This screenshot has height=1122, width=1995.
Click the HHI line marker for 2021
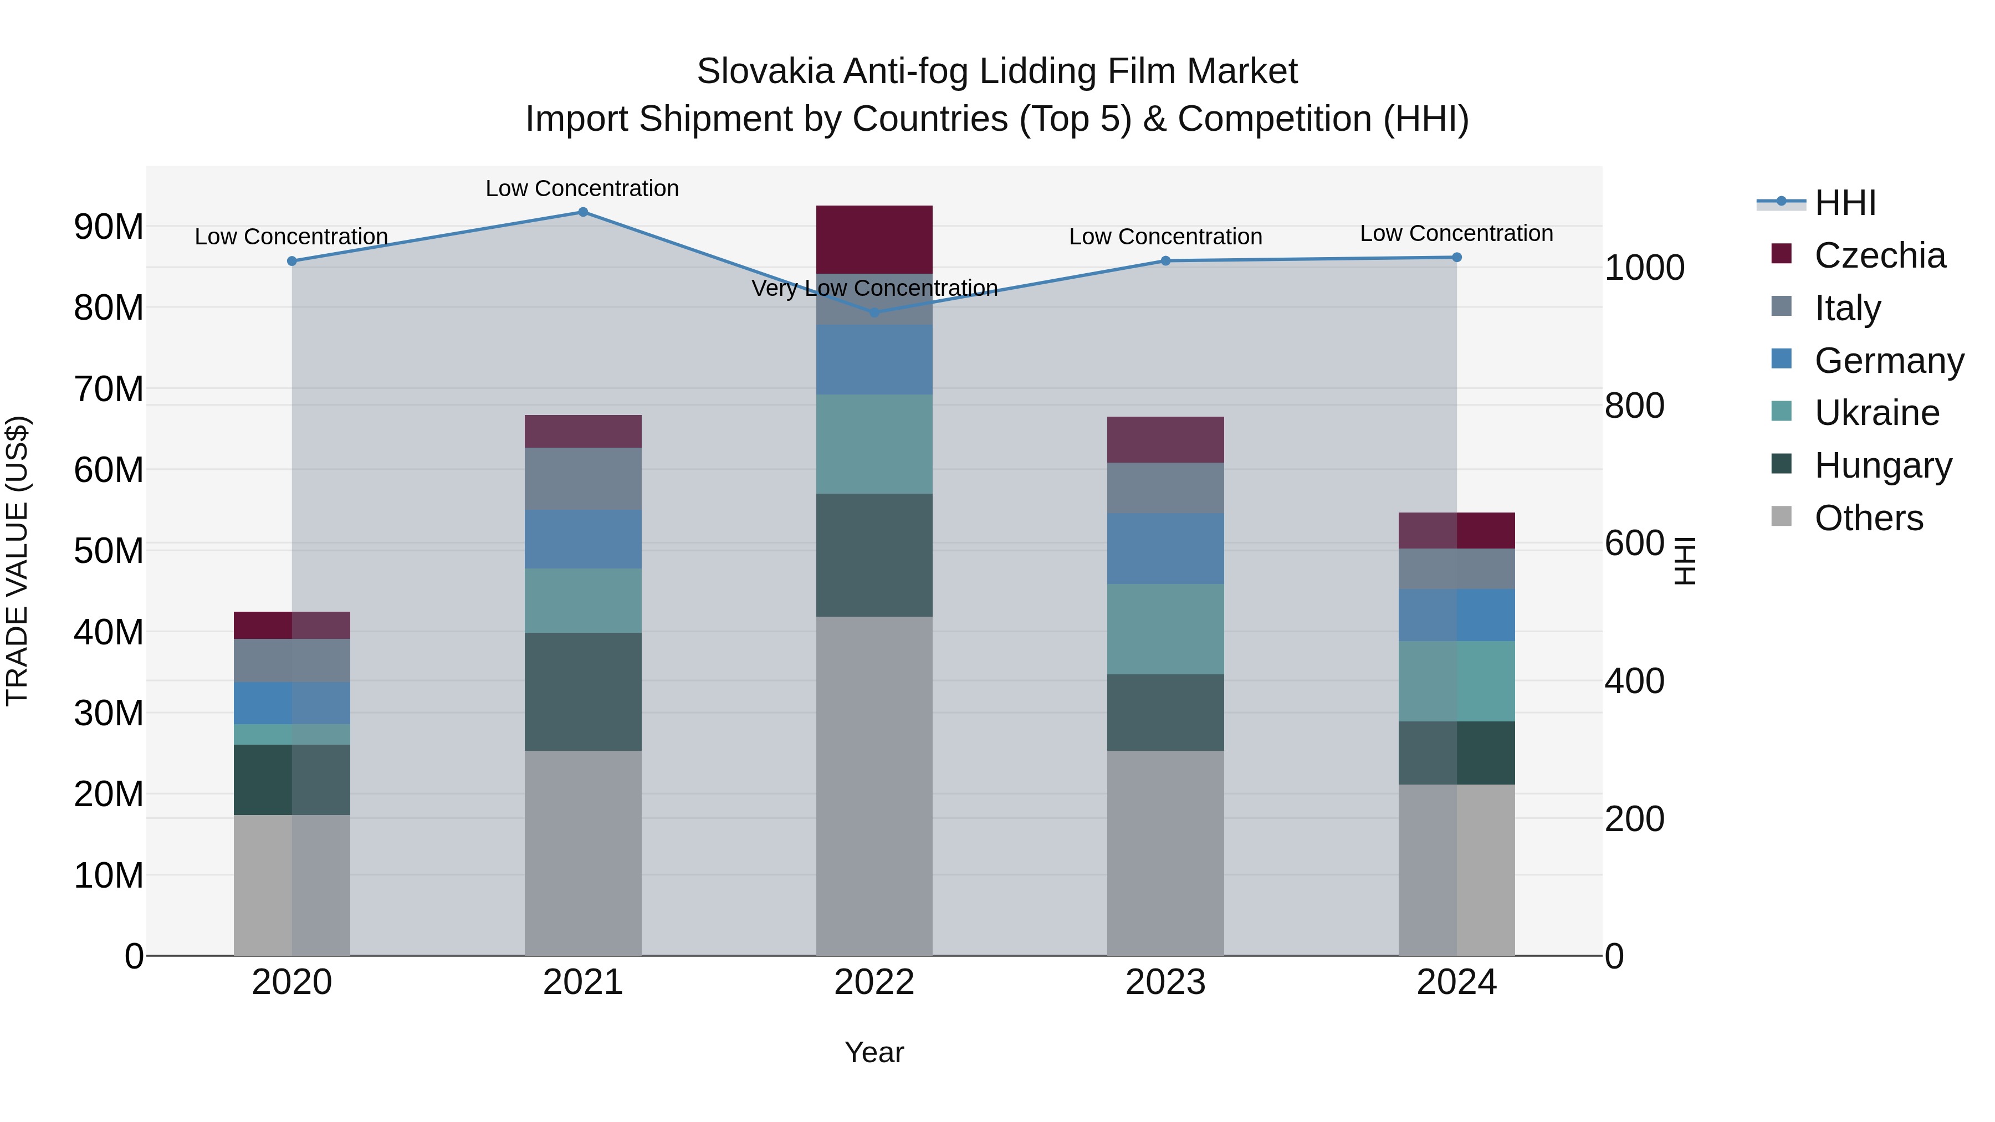click(x=583, y=212)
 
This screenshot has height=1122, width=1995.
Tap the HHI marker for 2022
click(x=874, y=313)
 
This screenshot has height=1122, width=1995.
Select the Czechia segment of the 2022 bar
click(x=874, y=239)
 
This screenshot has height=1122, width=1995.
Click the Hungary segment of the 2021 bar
click(x=583, y=691)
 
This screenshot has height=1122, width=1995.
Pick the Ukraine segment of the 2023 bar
click(x=1165, y=629)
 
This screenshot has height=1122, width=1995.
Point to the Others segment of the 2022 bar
click(x=874, y=786)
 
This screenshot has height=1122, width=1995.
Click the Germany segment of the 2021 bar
click(x=583, y=539)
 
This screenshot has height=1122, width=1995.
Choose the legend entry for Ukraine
click(x=1876, y=413)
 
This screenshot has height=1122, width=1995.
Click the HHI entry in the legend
click(x=1845, y=203)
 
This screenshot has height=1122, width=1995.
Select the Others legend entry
click(x=1868, y=518)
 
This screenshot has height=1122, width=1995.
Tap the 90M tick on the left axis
click(x=109, y=227)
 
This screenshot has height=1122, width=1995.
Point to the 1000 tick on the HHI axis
click(x=1644, y=268)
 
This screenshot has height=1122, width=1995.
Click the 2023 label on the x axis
click(x=1165, y=982)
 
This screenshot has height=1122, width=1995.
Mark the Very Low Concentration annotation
click(x=874, y=288)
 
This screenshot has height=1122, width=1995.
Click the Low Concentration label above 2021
click(x=582, y=188)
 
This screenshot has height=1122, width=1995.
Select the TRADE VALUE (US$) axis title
click(x=17, y=561)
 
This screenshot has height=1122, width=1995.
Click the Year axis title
click(x=874, y=1052)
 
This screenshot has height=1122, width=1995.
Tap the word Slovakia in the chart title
click(x=765, y=71)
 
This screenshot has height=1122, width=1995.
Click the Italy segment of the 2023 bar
click(x=1165, y=488)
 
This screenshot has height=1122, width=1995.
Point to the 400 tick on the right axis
click(x=1634, y=682)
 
